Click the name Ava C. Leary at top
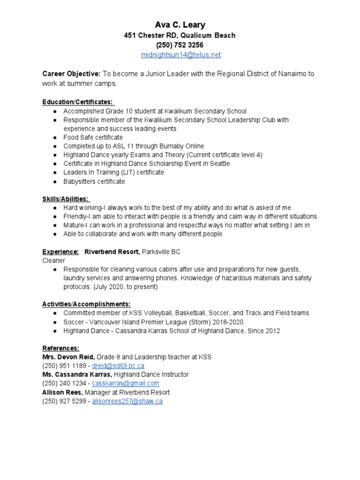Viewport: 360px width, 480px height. tap(180, 24)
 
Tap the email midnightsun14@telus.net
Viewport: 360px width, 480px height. tap(180, 55)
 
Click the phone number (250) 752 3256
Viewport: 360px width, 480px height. tap(180, 45)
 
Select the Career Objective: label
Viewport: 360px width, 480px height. tap(71, 74)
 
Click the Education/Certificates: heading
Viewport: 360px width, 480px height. tap(78, 102)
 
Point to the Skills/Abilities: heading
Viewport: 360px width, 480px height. tap(66, 199)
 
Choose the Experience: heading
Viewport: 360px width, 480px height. tap(60, 252)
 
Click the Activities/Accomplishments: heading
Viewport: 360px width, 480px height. tap(86, 304)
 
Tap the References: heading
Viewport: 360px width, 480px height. tap(60, 348)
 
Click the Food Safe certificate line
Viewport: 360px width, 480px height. tap(93, 137)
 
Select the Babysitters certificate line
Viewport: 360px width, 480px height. tap(94, 181)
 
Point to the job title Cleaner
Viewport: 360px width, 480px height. tap(54, 260)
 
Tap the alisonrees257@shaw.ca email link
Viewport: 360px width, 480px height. tap(127, 401)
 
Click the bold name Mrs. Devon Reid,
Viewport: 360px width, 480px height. tap(68, 357)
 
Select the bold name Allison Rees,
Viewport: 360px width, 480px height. tap(61, 392)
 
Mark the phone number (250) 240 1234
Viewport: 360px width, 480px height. tap(64, 383)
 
